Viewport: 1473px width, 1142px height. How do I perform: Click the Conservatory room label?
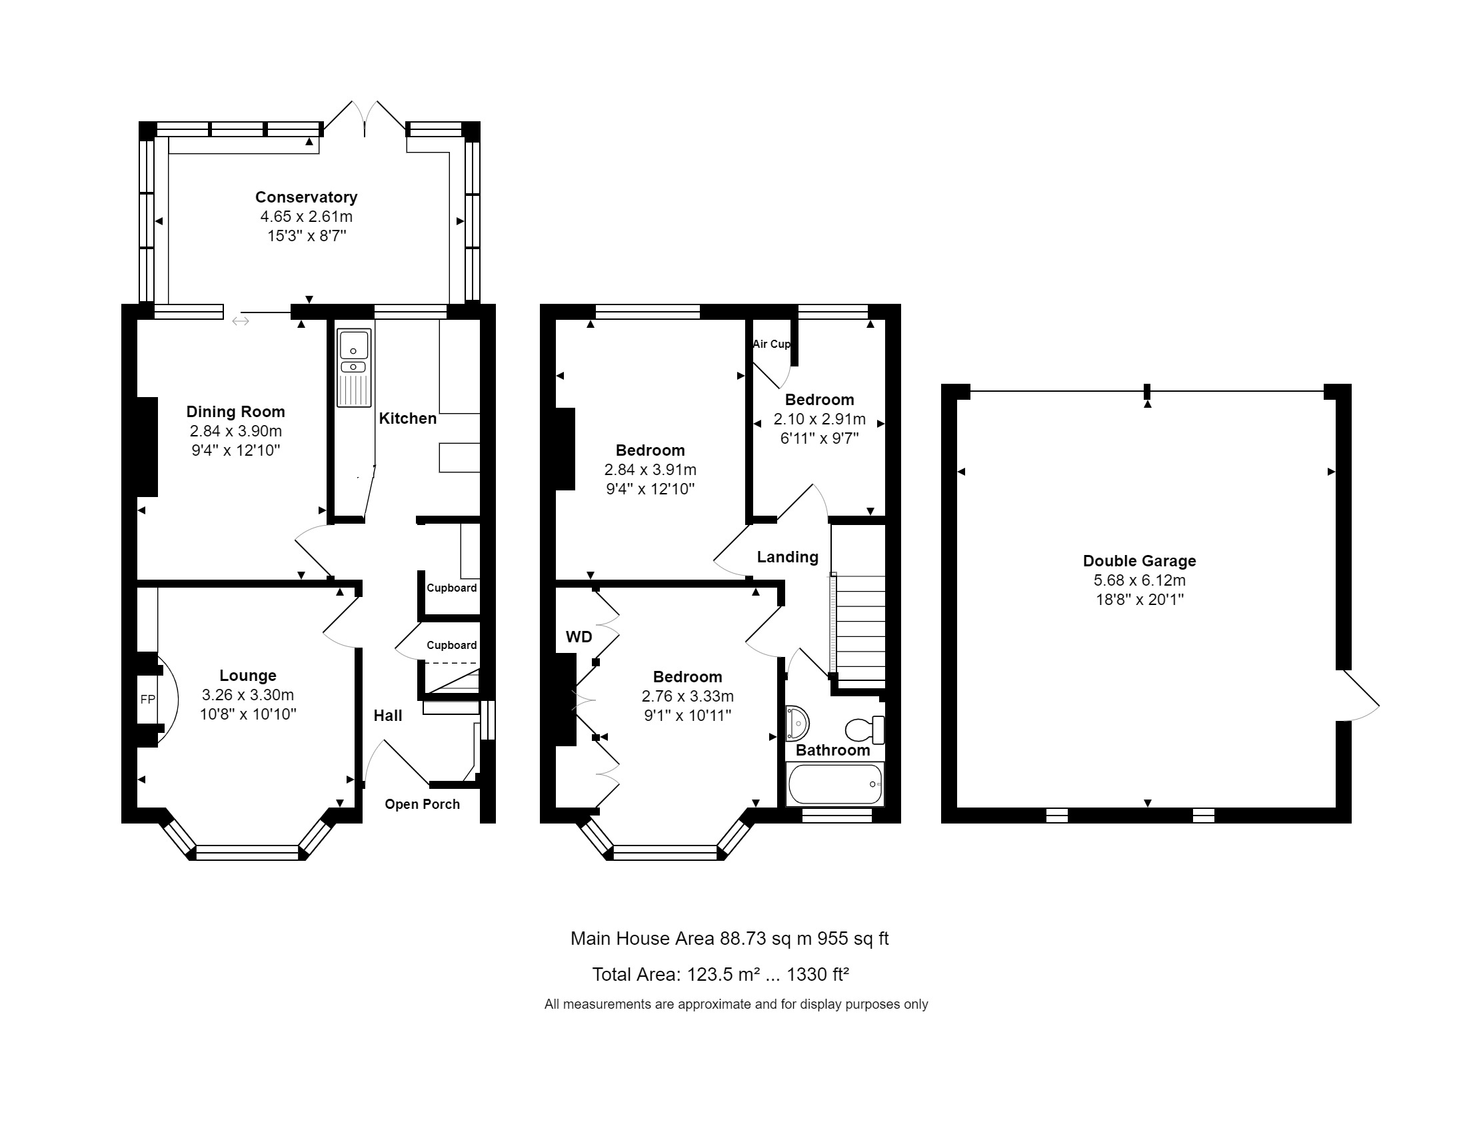(305, 197)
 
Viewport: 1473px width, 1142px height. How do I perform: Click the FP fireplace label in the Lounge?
(148, 700)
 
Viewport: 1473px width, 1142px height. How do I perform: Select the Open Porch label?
(422, 804)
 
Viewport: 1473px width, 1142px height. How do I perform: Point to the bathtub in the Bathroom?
(835, 784)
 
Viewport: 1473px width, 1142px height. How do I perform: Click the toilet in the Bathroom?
(864, 730)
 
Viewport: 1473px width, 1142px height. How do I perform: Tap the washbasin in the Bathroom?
(797, 724)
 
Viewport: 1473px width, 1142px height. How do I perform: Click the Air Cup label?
(771, 344)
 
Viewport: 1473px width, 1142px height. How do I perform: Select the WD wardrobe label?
(579, 637)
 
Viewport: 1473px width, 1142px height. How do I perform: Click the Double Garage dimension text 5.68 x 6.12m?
(1139, 580)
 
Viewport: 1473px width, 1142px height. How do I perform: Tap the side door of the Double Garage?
(1359, 696)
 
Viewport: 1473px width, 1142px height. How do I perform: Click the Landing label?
(787, 557)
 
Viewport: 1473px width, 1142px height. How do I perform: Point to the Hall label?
(388, 716)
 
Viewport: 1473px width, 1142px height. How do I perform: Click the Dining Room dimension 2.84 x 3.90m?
(235, 432)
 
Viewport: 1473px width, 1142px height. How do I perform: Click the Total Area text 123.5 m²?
(720, 974)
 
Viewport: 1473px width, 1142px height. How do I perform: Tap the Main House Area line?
(729, 938)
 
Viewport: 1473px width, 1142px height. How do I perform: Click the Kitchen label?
(407, 418)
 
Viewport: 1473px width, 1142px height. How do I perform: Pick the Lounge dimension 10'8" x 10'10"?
(247, 715)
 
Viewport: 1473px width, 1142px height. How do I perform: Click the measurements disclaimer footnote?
(736, 1005)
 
